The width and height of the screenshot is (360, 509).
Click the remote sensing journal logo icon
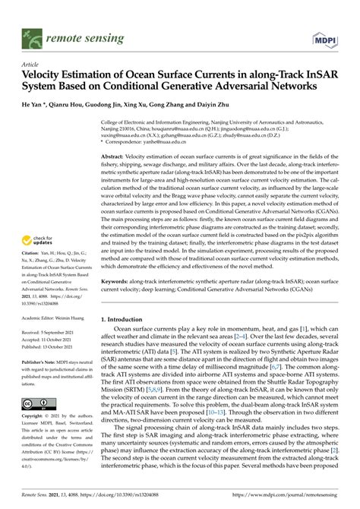click(x=33, y=35)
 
